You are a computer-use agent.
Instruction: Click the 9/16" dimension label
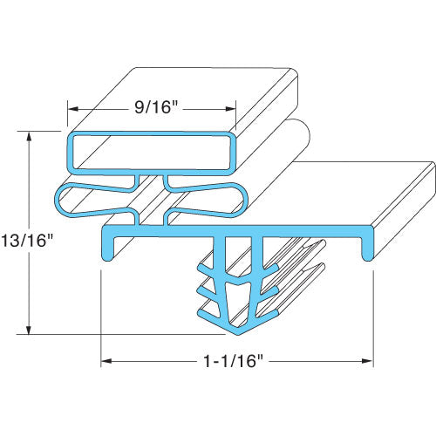coord(153,110)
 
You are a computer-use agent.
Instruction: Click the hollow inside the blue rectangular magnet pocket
coord(153,152)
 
